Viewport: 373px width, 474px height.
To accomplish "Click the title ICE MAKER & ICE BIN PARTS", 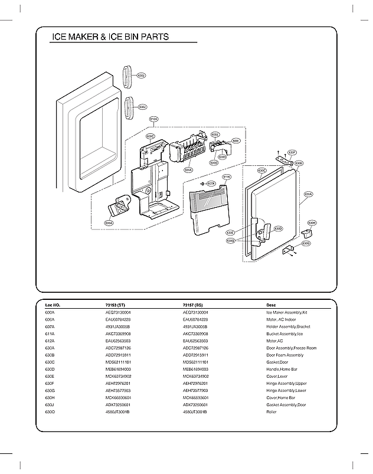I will (110, 37).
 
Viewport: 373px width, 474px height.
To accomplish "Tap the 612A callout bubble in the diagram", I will (153, 119).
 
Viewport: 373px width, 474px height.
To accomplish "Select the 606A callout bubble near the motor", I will (109, 223).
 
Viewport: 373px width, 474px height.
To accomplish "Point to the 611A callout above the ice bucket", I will (227, 176).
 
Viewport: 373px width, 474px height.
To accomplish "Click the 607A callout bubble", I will (211, 184).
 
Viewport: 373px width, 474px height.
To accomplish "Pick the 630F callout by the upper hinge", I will (292, 152).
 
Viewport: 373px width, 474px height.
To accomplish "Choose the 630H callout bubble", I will (312, 223).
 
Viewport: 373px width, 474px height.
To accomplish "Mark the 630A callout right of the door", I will (308, 194).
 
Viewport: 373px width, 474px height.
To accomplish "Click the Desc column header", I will (271, 305).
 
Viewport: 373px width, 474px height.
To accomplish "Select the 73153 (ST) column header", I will (116, 305).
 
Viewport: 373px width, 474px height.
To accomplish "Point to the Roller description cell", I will (272, 412).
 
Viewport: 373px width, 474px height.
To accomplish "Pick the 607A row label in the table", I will (50, 326).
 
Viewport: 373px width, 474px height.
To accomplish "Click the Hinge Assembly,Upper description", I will (287, 384).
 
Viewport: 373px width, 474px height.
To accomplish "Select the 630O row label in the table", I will (50, 412).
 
